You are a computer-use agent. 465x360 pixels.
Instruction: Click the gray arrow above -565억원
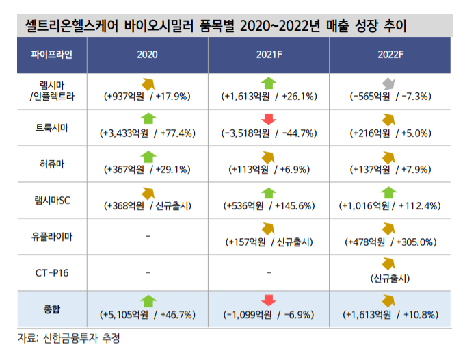tap(389, 83)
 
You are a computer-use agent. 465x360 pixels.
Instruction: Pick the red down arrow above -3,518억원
tap(268, 120)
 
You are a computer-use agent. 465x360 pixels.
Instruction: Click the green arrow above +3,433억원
tap(148, 120)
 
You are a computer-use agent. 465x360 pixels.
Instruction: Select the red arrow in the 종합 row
tap(268, 301)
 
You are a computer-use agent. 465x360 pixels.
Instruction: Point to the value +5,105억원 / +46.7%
tap(148, 315)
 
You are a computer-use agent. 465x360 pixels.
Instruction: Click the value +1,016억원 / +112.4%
tap(389, 205)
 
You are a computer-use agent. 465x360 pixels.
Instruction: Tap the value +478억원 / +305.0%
tap(389, 242)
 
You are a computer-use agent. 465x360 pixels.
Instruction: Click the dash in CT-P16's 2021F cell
tap(269, 272)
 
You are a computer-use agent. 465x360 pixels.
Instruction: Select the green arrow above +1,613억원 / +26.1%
tap(268, 83)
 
